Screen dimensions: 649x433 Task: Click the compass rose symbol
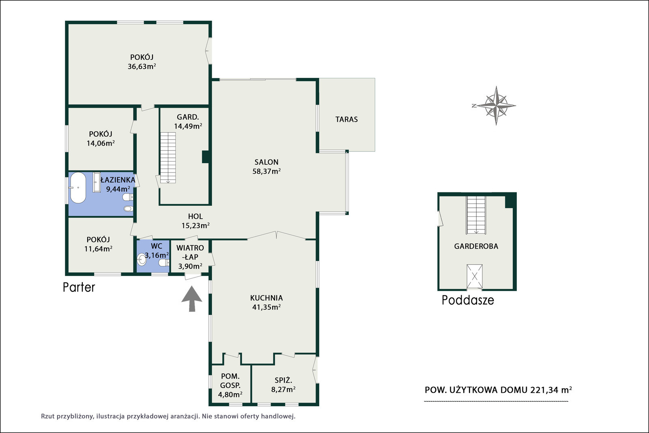496,106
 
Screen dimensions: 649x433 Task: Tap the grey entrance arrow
192,299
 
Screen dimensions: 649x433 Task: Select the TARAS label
346,119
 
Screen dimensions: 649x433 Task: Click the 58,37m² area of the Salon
266,171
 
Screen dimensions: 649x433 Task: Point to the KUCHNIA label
266,298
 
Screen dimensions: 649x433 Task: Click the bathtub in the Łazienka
78,188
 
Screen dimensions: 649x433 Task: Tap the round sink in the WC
142,259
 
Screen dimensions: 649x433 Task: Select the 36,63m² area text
142,67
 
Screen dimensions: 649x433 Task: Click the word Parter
79,287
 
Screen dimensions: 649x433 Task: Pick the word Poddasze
468,300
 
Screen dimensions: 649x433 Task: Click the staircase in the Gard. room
168,158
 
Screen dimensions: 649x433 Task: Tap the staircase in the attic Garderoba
476,215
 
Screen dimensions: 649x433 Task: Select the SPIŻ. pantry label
284,380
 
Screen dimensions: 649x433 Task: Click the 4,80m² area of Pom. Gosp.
230,394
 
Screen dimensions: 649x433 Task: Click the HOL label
195,216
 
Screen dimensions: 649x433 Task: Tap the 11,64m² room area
99,249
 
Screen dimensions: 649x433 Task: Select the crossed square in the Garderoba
475,276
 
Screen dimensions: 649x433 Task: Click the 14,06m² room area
101,143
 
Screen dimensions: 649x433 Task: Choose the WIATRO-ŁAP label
190,252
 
